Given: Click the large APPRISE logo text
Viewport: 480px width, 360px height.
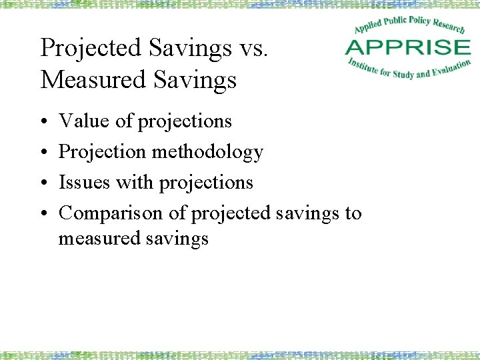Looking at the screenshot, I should pos(407,47).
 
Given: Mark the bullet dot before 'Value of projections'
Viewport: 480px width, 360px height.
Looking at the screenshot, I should pos(43,121).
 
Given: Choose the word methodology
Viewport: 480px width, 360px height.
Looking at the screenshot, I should pos(207,152).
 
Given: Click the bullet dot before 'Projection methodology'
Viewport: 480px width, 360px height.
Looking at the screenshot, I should pos(43,152).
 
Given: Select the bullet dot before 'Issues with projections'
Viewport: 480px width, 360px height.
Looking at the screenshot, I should pos(43,183).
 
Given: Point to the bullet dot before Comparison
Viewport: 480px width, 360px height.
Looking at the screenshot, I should pos(43,213).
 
